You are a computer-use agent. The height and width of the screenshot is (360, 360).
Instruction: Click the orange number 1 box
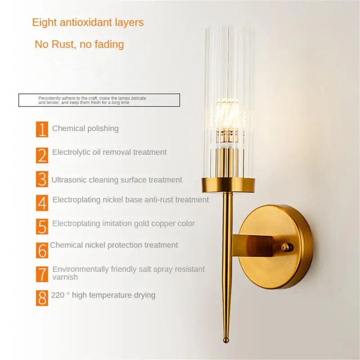pyautogui.click(x=42, y=129)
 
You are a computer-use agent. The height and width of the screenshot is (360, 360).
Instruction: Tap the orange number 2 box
pyautogui.click(x=42, y=154)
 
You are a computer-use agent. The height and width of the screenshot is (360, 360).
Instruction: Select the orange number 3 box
pyautogui.click(x=42, y=179)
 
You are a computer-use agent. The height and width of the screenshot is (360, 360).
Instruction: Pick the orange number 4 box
pyautogui.click(x=42, y=202)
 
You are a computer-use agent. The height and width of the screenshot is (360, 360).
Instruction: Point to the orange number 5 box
pyautogui.click(x=42, y=226)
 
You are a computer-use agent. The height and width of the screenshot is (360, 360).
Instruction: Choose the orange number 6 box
pyautogui.click(x=42, y=249)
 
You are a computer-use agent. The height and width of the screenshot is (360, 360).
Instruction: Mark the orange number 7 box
pyautogui.click(x=42, y=274)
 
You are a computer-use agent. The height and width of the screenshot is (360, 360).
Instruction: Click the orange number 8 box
pyautogui.click(x=42, y=297)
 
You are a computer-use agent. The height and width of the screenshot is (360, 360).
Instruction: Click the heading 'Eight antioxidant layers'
pyautogui.click(x=88, y=22)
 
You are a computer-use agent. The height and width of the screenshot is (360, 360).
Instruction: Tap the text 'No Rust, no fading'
pyautogui.click(x=79, y=44)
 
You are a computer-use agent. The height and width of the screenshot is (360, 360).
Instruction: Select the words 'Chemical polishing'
pyautogui.click(x=85, y=128)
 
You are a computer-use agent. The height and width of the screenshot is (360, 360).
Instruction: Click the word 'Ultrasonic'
pyautogui.click(x=70, y=180)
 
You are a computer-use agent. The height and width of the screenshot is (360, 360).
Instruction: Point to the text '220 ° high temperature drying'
pyautogui.click(x=103, y=295)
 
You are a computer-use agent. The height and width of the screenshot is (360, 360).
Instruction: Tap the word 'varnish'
pyautogui.click(x=65, y=277)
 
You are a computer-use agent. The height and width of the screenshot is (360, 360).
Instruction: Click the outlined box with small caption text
pyautogui.click(x=99, y=100)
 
